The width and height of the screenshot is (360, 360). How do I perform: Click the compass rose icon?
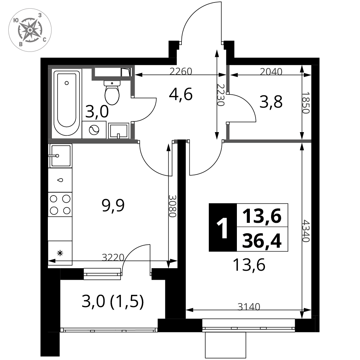tap(30, 30)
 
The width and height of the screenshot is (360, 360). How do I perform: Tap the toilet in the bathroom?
tap(112, 93)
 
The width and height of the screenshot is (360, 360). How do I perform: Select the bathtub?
tap(67, 103)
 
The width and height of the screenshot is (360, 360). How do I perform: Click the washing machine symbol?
tap(94, 130)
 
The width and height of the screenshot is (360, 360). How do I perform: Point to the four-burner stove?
tap(60, 204)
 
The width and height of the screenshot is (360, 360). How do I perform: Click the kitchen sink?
tap(60, 156)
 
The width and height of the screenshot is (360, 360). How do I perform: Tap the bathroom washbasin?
tap(118, 131)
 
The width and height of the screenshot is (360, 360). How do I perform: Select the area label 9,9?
tap(113, 205)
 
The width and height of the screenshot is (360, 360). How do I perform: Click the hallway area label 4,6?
tap(180, 94)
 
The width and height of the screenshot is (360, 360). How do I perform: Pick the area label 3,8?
tap(271, 102)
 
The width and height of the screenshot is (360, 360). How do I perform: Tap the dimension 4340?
tap(306, 231)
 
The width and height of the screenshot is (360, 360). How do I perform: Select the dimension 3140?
tap(249, 306)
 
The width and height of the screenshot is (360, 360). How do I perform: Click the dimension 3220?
tap(113, 257)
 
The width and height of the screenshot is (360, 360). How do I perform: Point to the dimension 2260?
tap(181, 71)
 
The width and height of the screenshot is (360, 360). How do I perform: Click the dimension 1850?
tap(306, 103)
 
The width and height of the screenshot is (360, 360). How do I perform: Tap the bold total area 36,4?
tap(262, 241)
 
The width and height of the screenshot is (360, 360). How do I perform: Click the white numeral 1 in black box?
tap(222, 228)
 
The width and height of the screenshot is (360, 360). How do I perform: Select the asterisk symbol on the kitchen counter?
tap(60, 253)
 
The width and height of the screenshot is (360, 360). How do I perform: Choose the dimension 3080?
tap(172, 206)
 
